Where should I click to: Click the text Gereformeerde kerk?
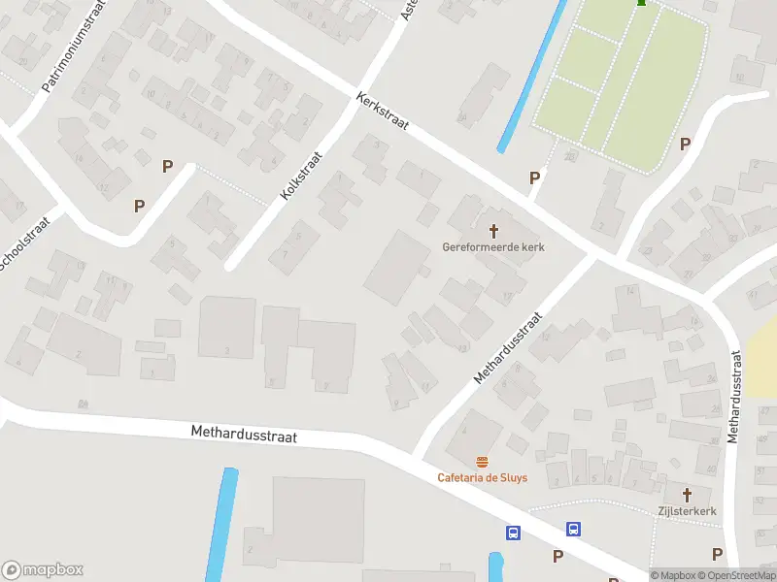click(x=493, y=247)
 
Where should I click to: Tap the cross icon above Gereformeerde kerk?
click(x=493, y=230)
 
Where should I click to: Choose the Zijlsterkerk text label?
click(x=687, y=509)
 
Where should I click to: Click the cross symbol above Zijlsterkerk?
click(x=687, y=493)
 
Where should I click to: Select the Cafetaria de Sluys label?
click(x=482, y=477)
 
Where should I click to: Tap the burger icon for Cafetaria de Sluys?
click(x=482, y=462)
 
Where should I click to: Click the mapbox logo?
click(x=42, y=570)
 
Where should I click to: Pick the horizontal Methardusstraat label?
click(x=243, y=434)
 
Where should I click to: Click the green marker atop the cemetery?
click(x=641, y=4)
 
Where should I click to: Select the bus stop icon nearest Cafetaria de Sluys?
click(x=513, y=533)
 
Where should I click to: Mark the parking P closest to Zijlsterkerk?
click(x=717, y=554)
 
